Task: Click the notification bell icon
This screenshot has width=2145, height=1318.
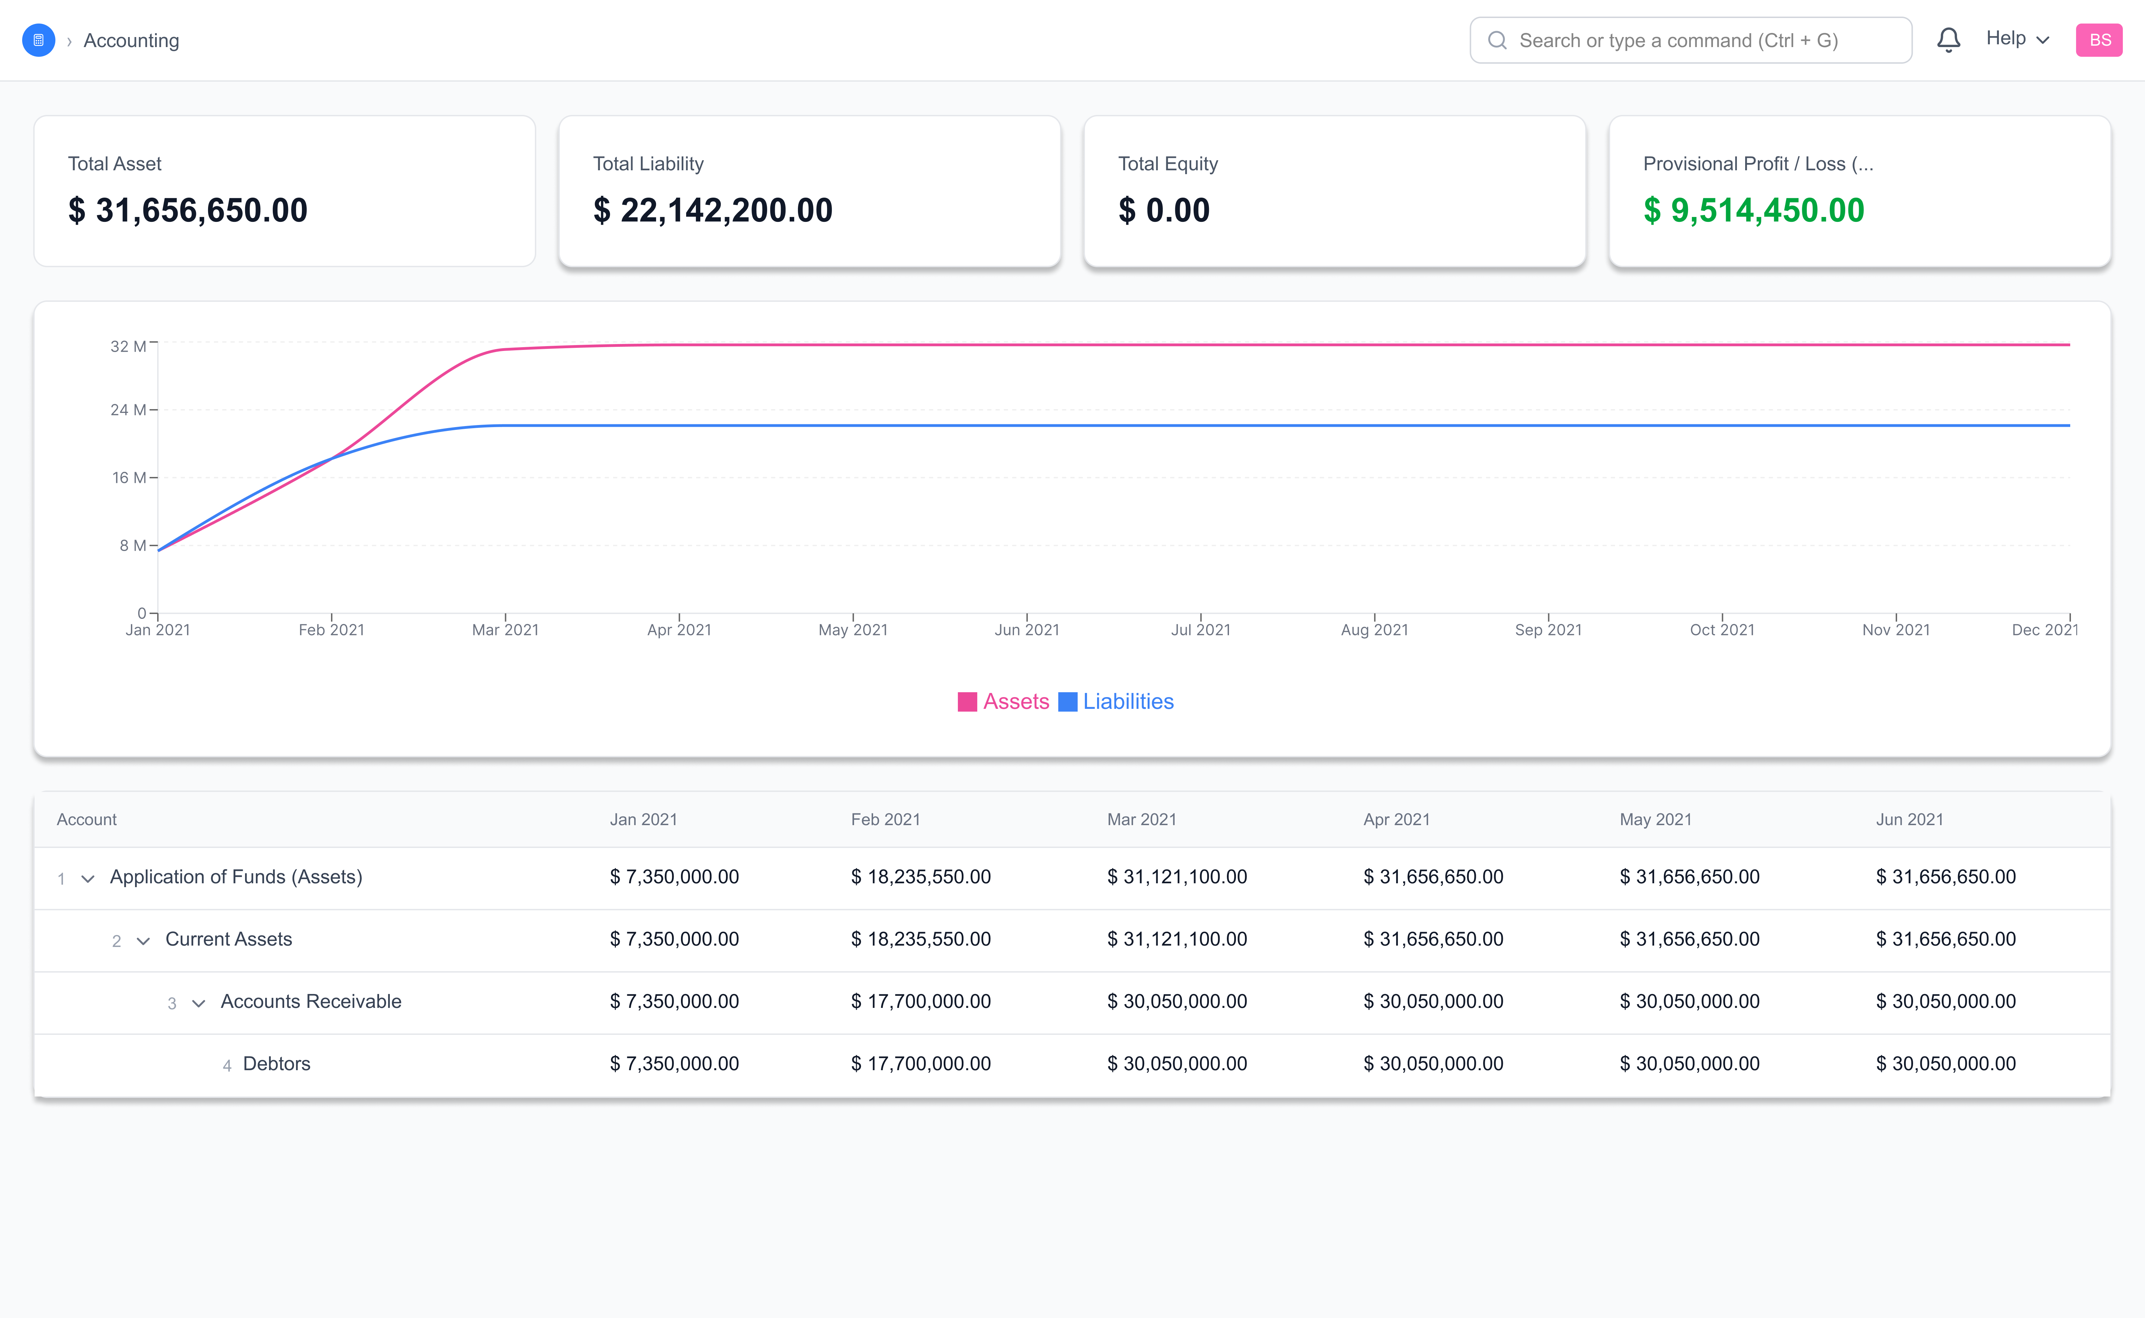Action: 1948,40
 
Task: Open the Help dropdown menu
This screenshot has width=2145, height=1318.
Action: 2017,39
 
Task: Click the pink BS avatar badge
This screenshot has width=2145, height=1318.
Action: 2099,40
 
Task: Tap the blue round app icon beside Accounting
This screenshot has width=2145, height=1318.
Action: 38,40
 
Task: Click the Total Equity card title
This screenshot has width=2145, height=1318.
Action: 1168,164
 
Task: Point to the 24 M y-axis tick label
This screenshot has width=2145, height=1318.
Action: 127,410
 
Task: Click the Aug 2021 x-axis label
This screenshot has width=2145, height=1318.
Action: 1374,629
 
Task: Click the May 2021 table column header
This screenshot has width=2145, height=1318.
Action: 1655,819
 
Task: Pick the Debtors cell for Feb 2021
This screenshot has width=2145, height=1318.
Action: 921,1064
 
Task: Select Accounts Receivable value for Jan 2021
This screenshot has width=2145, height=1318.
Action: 674,1002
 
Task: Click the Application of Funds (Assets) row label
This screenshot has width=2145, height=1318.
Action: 235,877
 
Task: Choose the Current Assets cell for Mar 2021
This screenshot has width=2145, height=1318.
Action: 1176,939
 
